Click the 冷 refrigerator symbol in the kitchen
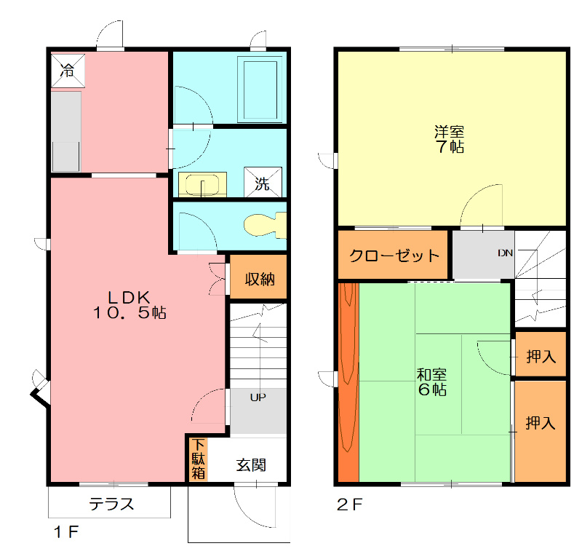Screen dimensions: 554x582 (67, 71)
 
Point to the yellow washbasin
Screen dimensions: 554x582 (202, 184)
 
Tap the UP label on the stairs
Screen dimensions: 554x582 (258, 397)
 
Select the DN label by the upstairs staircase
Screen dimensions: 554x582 (506, 253)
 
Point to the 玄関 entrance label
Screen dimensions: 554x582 (250, 464)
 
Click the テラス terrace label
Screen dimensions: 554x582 (111, 503)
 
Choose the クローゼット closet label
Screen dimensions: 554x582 (394, 256)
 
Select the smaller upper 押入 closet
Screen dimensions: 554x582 (541, 356)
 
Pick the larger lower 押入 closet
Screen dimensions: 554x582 (541, 422)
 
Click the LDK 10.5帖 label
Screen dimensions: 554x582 (129, 305)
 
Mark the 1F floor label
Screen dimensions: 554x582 (65, 532)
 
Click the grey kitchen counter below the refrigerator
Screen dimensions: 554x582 (65, 131)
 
